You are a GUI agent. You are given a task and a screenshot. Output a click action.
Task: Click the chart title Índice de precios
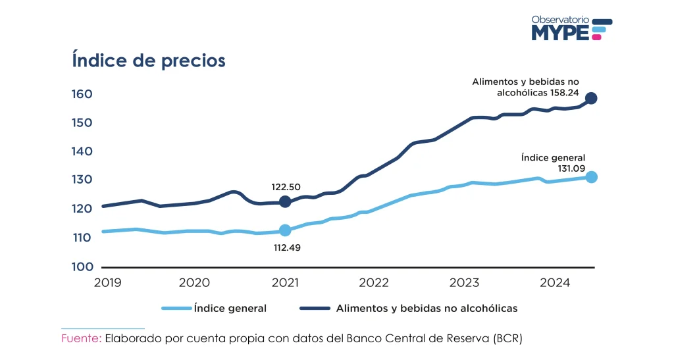148,61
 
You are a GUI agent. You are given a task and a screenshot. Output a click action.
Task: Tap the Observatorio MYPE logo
571,29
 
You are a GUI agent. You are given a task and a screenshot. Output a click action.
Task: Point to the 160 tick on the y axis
82,94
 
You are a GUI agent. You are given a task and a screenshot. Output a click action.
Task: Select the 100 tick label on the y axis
82,267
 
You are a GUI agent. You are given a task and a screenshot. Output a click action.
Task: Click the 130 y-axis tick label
82,180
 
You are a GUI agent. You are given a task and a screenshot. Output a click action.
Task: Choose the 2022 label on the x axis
375,283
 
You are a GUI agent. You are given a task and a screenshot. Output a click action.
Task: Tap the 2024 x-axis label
555,283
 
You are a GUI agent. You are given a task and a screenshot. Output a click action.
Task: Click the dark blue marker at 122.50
285,201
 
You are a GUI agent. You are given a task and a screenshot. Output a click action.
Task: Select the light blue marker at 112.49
285,230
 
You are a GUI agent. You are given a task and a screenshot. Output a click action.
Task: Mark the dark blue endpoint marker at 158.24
591,98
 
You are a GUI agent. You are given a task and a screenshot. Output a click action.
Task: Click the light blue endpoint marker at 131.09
591,176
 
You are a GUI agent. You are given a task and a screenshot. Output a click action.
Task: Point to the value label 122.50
285,186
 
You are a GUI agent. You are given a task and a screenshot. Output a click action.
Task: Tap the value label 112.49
285,248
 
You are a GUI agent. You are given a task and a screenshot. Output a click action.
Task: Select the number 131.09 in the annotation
569,168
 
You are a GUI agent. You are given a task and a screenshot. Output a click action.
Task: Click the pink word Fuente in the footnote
81,338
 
